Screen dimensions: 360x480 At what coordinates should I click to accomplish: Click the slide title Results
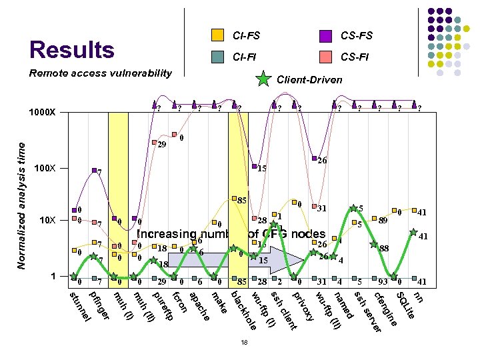[72, 50]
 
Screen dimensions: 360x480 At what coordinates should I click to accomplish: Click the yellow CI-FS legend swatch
[217, 35]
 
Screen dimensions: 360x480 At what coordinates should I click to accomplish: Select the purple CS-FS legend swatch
[326, 35]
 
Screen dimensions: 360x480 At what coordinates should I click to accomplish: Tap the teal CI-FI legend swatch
[217, 57]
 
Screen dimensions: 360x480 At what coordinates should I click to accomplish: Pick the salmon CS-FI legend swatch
[326, 57]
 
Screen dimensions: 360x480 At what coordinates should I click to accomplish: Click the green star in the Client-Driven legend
[265, 79]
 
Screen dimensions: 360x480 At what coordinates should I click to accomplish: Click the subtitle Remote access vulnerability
[100, 73]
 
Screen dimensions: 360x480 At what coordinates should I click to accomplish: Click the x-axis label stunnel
[79, 304]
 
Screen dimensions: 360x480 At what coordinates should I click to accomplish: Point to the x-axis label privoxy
[304, 305]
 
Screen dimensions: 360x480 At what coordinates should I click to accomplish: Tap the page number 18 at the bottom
[245, 343]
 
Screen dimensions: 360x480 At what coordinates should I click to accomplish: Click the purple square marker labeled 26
[314, 158]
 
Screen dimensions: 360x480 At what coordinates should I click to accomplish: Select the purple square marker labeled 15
[255, 166]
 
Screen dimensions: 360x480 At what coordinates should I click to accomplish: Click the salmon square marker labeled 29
[154, 143]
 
